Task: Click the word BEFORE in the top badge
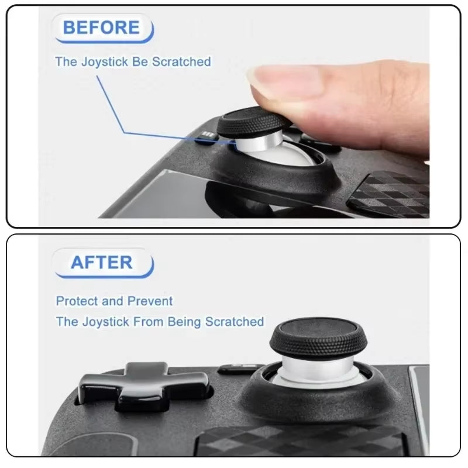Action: (x=101, y=27)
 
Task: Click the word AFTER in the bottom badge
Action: (x=102, y=263)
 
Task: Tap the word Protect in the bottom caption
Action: (x=77, y=301)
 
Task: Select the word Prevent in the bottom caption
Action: (x=150, y=301)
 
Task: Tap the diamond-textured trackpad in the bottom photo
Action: (x=304, y=442)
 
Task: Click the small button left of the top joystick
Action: (x=206, y=137)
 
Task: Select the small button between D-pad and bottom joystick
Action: (x=238, y=369)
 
